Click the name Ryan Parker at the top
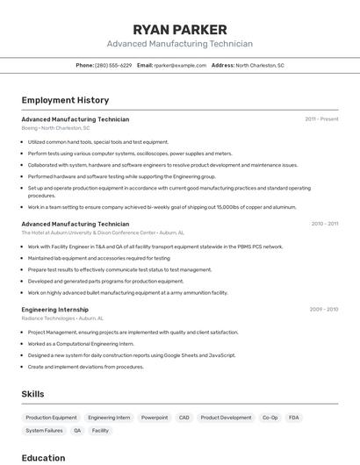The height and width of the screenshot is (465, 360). click(x=180, y=29)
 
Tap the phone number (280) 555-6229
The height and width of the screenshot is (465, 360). click(x=113, y=65)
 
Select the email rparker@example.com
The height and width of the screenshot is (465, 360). click(x=180, y=65)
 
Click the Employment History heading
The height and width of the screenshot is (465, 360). click(x=65, y=100)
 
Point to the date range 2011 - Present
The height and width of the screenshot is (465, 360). click(x=321, y=119)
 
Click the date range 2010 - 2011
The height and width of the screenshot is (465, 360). click(x=324, y=224)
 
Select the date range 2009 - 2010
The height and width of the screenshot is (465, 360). click(x=324, y=309)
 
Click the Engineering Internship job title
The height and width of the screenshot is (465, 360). click(x=54, y=310)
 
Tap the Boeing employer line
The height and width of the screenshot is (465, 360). click(x=55, y=128)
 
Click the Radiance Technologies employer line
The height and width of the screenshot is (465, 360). click(x=62, y=318)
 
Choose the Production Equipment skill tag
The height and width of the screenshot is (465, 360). click(x=51, y=418)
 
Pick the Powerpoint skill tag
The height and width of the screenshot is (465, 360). click(x=155, y=418)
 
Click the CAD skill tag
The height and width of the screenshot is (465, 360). click(x=184, y=418)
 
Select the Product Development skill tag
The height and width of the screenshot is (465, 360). click(x=226, y=418)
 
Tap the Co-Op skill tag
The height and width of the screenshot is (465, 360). click(x=270, y=418)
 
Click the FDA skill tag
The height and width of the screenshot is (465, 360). click(x=294, y=418)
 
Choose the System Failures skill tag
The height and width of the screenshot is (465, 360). click(x=44, y=431)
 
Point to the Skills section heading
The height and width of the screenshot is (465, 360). click(x=32, y=394)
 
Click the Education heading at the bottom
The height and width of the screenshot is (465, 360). click(x=43, y=457)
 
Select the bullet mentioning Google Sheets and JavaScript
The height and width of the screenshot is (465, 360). click(x=132, y=355)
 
